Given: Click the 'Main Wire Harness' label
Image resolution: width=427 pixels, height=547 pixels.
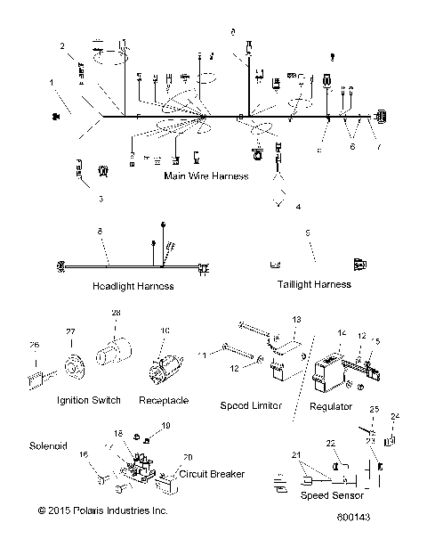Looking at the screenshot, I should point(205,176).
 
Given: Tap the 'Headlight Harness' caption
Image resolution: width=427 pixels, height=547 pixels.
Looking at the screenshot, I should point(131,286).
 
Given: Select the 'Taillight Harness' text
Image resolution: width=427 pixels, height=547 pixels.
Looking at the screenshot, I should point(308,284).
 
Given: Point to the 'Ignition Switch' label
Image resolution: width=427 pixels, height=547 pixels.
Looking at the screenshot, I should point(88,400).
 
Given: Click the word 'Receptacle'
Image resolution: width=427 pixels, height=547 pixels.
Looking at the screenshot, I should point(164,400).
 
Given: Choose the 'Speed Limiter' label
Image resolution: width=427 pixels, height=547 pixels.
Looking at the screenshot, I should point(251,405).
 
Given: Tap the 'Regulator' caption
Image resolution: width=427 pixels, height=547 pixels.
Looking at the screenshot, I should point(331,406).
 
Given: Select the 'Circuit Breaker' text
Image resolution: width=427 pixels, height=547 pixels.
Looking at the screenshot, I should point(212,474).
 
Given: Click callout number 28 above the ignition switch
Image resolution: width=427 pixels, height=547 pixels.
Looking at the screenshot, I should point(114,314).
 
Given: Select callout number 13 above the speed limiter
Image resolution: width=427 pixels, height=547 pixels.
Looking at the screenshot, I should point(296,319).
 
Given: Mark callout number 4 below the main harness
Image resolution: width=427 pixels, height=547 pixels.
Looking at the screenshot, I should point(297,207).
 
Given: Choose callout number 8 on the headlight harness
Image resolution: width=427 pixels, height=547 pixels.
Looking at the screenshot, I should point(100,231).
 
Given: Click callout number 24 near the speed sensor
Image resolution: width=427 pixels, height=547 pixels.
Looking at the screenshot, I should point(396,415).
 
